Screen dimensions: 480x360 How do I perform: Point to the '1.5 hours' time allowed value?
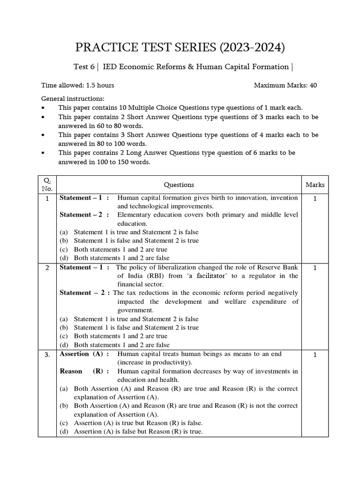pos(98,85)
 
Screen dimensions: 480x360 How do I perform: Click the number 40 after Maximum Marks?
pos(313,85)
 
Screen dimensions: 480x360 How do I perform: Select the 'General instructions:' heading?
pos(73,99)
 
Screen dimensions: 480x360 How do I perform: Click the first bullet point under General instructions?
pos(44,108)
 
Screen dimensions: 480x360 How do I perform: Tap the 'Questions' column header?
pos(179,185)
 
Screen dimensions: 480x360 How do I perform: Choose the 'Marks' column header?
pos(315,185)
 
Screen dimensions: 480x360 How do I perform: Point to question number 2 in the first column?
pos(47,268)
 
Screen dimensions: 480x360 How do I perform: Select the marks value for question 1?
pos(315,198)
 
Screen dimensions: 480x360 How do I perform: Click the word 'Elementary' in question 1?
pos(134,215)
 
